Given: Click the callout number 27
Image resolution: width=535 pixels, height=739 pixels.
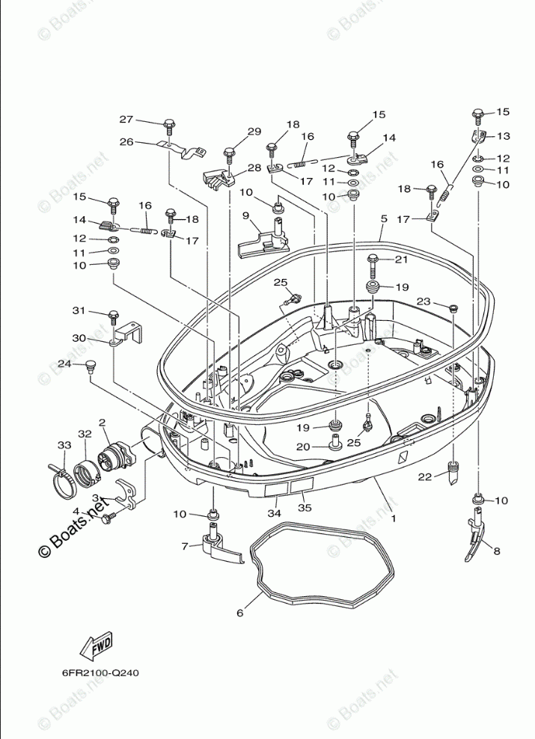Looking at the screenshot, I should pyautogui.click(x=126, y=120).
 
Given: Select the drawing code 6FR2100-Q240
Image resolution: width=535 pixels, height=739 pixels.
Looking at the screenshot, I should pyautogui.click(x=100, y=672).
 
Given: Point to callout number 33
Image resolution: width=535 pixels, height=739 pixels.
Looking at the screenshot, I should pyautogui.click(x=65, y=445).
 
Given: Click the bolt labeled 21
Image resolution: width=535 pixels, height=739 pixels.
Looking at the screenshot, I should pyautogui.click(x=373, y=262).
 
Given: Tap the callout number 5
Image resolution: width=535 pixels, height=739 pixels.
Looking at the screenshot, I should pyautogui.click(x=383, y=219).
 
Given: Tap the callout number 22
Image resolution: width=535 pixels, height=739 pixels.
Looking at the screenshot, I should pyautogui.click(x=424, y=477).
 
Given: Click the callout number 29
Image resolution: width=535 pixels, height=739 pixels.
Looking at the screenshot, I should pyautogui.click(x=254, y=132).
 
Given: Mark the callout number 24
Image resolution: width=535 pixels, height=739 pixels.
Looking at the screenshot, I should pyautogui.click(x=64, y=364).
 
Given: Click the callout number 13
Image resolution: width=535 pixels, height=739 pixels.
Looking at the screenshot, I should pyautogui.click(x=503, y=136).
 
